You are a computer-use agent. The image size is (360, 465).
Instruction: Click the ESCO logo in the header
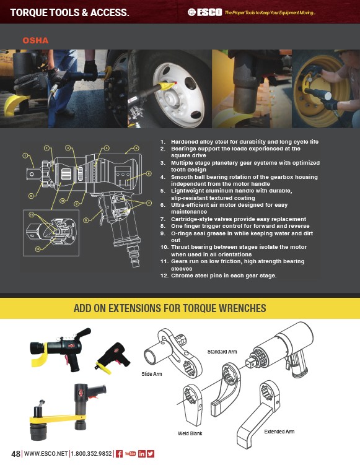[x=204, y=12]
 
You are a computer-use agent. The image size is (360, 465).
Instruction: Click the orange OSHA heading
[x=35, y=40]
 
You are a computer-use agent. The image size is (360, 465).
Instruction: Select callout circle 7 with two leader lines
[x=149, y=203]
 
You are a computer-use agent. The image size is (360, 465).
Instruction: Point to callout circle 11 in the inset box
[x=32, y=215]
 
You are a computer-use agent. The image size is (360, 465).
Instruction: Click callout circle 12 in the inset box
[x=38, y=249]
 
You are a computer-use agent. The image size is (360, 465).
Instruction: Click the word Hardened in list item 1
[x=184, y=142]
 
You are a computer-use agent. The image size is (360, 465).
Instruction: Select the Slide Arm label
[x=152, y=374]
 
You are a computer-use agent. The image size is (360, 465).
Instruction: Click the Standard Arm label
[x=222, y=352]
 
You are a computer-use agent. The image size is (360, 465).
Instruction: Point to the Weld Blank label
[x=190, y=433]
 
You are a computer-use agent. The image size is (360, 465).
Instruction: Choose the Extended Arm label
[x=279, y=432]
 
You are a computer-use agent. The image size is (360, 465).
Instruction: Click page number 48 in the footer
[x=15, y=454]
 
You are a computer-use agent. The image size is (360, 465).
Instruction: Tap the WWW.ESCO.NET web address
[x=46, y=454]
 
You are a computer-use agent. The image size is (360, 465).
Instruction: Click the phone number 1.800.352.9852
[x=92, y=454]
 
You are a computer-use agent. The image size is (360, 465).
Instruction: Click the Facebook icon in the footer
[x=119, y=454]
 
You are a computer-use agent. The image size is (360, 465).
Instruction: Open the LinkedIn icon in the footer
[x=142, y=454]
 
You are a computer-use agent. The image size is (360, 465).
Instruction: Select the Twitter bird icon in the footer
[x=151, y=454]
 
